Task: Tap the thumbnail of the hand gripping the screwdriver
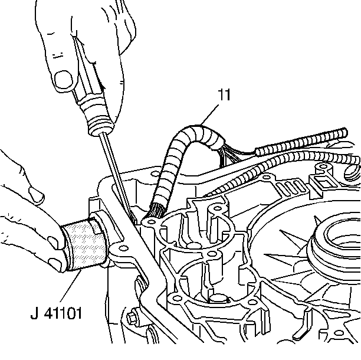(x=61, y=77)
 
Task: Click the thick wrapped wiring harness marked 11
(x=177, y=148)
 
